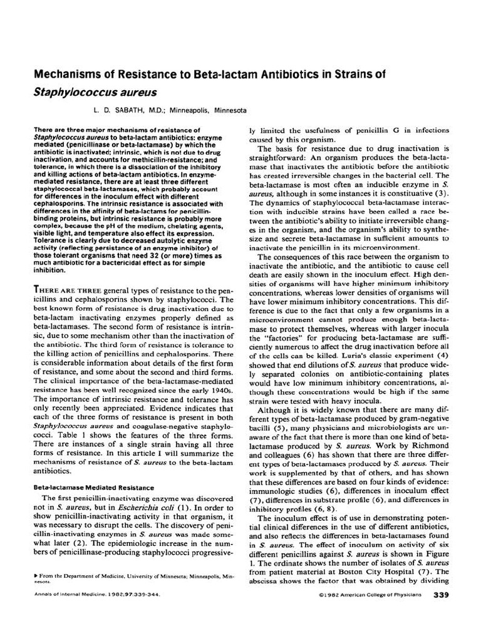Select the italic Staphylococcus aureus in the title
[85, 92]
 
